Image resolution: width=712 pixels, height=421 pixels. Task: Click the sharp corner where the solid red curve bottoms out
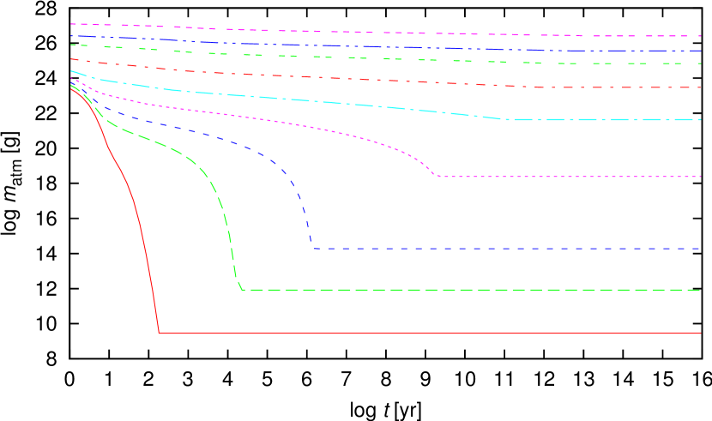click(x=160, y=333)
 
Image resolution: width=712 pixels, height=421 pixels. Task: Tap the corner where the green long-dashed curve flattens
click(x=243, y=290)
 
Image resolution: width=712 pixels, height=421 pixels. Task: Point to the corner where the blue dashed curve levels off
click(x=313, y=249)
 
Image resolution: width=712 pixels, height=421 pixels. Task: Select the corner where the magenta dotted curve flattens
click(x=437, y=177)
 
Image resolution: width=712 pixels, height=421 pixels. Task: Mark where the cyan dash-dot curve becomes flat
click(x=508, y=119)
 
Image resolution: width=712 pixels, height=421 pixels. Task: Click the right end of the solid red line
click(x=701, y=333)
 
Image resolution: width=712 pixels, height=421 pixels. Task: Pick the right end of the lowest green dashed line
click(x=701, y=290)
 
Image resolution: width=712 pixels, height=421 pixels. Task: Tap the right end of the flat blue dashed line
click(x=701, y=249)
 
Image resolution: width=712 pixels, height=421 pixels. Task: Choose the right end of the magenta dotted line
click(x=701, y=177)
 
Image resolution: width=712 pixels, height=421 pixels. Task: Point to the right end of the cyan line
click(x=701, y=119)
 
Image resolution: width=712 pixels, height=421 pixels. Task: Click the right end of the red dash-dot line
click(x=701, y=87)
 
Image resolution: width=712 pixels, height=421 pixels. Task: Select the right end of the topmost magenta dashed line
click(x=701, y=36)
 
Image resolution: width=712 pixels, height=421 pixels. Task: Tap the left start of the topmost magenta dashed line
click(x=71, y=24)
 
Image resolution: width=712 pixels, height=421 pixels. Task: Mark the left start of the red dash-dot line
click(x=71, y=59)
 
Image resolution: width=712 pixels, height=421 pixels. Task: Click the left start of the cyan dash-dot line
click(x=71, y=71)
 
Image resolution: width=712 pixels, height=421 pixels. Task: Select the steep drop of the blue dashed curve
click(x=306, y=219)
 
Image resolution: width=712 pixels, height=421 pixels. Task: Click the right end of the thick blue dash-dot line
click(x=701, y=51)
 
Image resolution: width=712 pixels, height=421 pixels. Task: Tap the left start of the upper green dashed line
click(x=71, y=45)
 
